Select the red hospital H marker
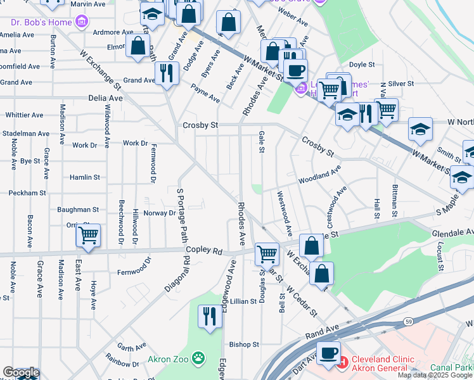343,362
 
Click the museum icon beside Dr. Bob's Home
80,23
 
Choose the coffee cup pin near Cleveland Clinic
328,353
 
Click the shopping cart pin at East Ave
88,236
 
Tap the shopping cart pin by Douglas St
267,254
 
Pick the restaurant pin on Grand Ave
166,72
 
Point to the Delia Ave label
106,99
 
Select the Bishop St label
244,345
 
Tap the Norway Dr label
159,213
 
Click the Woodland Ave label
320,175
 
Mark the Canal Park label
452,367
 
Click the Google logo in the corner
21,372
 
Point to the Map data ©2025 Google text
435,376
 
